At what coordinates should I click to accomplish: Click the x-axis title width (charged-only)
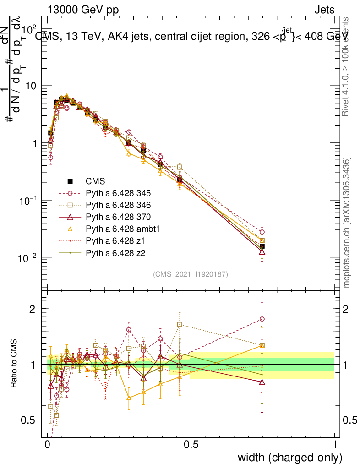pyautogui.click(x=289, y=457)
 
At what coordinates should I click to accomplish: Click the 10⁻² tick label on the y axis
pyautogui.click(x=28, y=258)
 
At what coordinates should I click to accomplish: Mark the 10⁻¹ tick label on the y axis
pyautogui.click(x=28, y=201)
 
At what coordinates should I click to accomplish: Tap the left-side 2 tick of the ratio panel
pyautogui.click(x=33, y=309)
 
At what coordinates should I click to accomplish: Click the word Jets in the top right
pyautogui.click(x=324, y=10)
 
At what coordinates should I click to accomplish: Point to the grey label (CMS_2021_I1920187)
pyautogui.click(x=191, y=274)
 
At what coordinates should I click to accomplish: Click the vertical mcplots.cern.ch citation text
pyautogui.click(x=347, y=223)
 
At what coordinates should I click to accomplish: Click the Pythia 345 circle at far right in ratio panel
pyautogui.click(x=262, y=319)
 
